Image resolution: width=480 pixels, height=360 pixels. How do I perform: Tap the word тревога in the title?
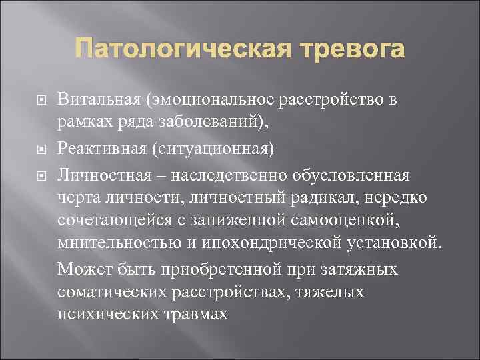click(351, 49)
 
